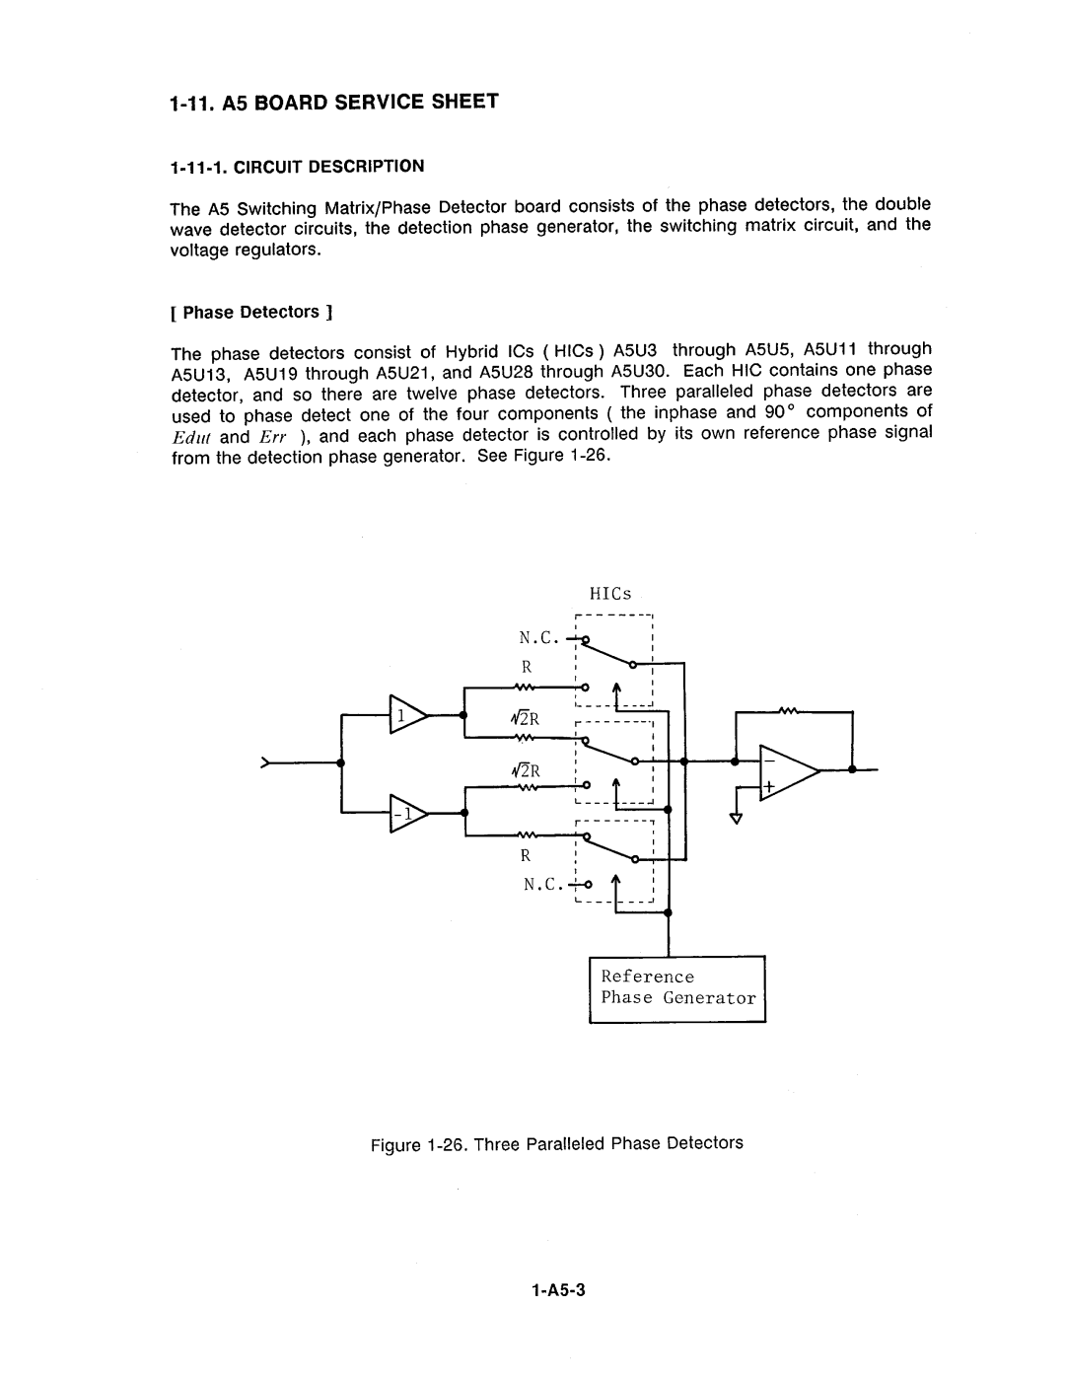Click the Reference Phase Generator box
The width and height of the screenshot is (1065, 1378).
pyautogui.click(x=677, y=988)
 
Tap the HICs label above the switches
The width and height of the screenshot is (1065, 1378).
pyautogui.click(x=610, y=594)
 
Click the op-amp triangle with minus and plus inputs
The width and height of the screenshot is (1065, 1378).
pyautogui.click(x=786, y=770)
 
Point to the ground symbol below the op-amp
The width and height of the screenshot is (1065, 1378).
pyautogui.click(x=735, y=816)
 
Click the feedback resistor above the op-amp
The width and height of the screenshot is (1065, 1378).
pyautogui.click(x=788, y=711)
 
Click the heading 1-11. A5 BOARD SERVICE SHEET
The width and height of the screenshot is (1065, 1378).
pyautogui.click(x=334, y=102)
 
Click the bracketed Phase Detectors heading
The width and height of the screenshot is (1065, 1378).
pyautogui.click(x=251, y=313)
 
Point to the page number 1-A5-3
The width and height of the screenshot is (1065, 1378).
pyautogui.click(x=558, y=1291)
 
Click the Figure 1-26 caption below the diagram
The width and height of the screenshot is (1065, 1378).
pyautogui.click(x=557, y=1143)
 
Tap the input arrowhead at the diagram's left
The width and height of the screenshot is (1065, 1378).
pyautogui.click(x=265, y=763)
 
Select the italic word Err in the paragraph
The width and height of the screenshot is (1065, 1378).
pyautogui.click(x=273, y=437)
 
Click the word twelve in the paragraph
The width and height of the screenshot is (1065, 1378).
pyautogui.click(x=425, y=393)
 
